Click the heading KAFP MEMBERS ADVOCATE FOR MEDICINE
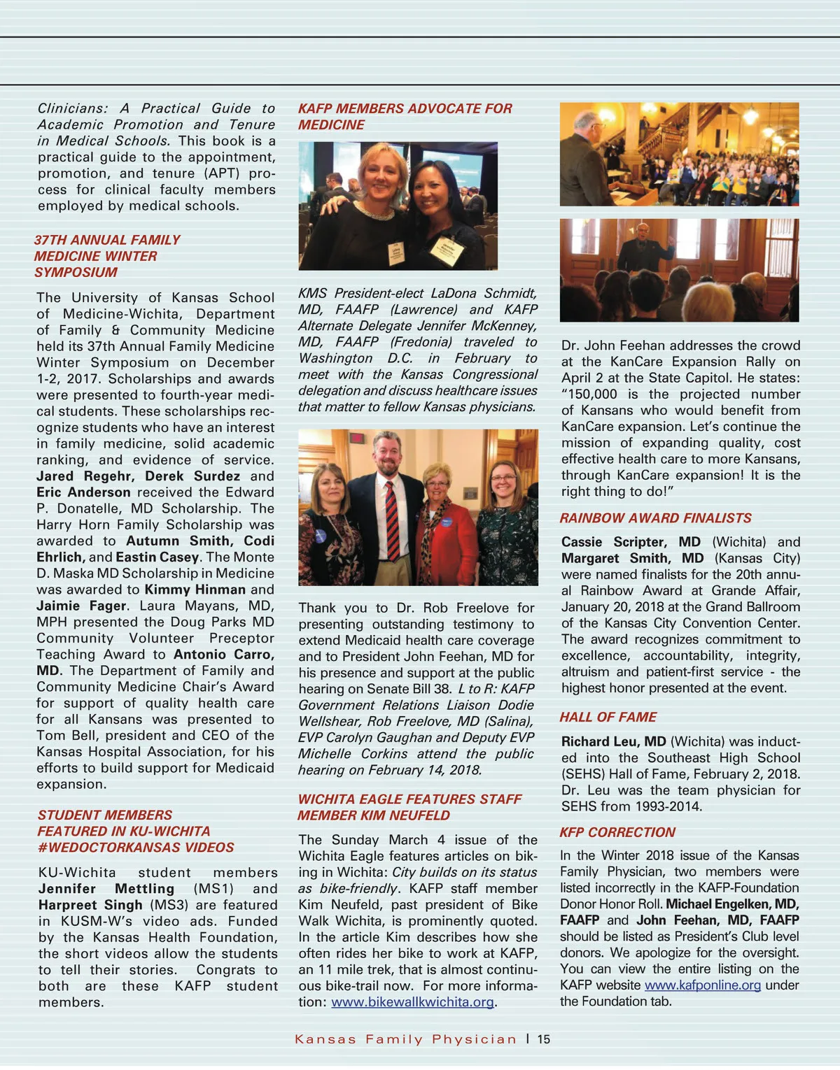pos(405,117)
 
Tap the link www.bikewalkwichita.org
pos(413,1002)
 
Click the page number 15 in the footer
pos(544,1039)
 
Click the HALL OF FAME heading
pos(608,717)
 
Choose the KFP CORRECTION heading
pos(617,832)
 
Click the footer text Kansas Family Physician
pos(405,1039)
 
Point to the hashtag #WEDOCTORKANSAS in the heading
pos(136,848)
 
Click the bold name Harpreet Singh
pos(90,905)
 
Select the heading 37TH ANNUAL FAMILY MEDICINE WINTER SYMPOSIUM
pos(107,256)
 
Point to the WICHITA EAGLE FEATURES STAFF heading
pos(409,799)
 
